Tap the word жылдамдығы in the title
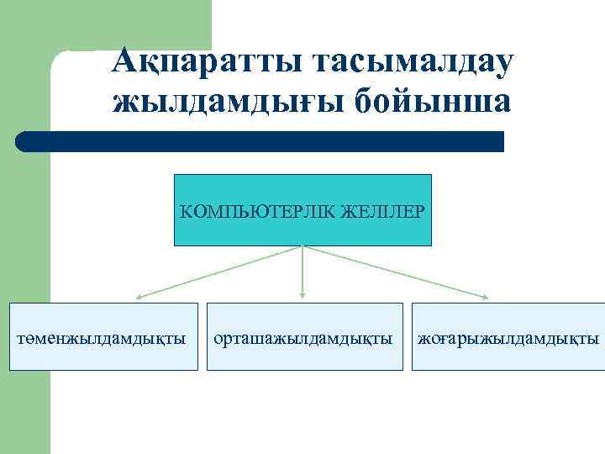pyautogui.click(x=225, y=102)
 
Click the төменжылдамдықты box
pyautogui.click(x=103, y=336)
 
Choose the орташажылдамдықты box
pyautogui.click(x=302, y=336)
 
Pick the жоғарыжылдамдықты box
pyautogui.click(x=508, y=336)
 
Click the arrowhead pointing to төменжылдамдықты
pyautogui.click(x=139, y=297)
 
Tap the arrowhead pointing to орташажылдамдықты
pyautogui.click(x=302, y=295)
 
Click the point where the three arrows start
pyautogui.click(x=302, y=246)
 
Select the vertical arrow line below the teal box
pyautogui.click(x=302, y=271)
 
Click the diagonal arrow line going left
pyautogui.click(x=220, y=272)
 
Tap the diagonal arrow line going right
pyautogui.click(x=393, y=272)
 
